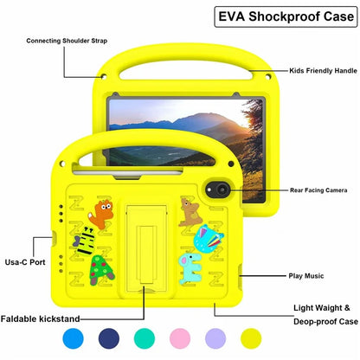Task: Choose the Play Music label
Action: click(305, 276)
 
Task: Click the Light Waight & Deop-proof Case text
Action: click(323, 314)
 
